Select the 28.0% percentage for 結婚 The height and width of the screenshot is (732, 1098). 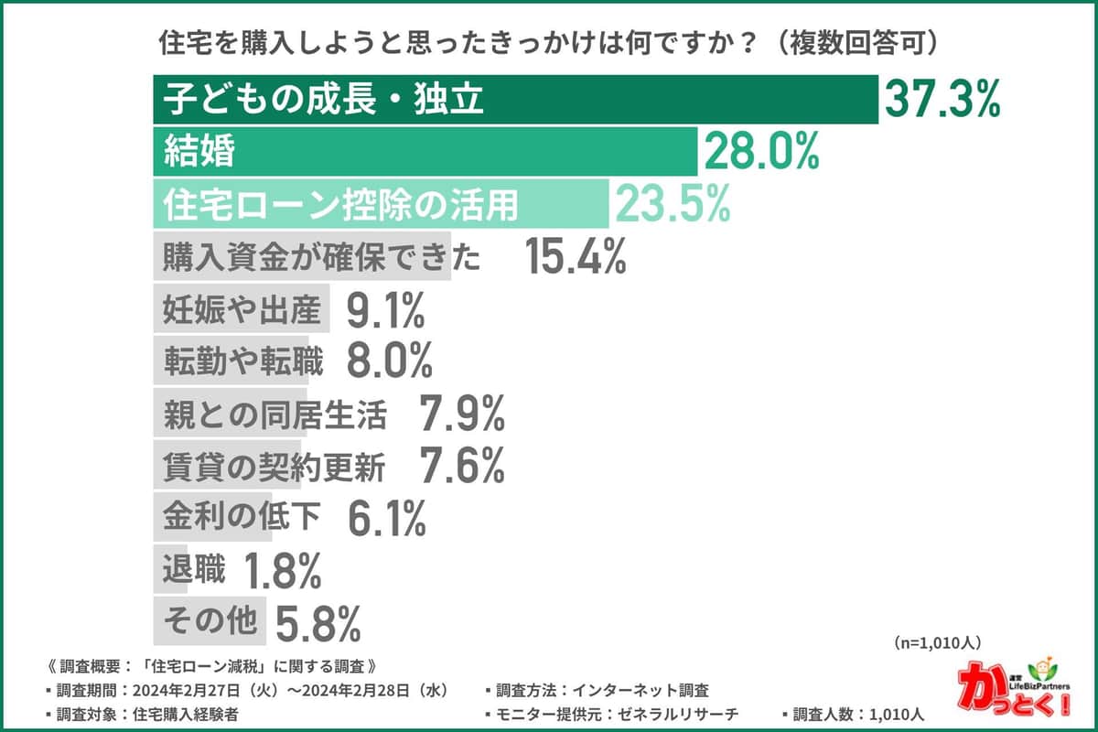pos(759,153)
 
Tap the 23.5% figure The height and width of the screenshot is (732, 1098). pos(673,205)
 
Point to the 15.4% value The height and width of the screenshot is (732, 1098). pos(576,258)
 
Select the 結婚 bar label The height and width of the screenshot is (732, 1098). pos(199,153)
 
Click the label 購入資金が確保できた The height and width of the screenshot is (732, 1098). pos(321,258)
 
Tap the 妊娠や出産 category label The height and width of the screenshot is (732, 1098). pos(242,312)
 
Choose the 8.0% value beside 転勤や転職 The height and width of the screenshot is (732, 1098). pos(389,363)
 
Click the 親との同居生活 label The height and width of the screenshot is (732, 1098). pos(274,415)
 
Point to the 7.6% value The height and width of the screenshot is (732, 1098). pos(462,468)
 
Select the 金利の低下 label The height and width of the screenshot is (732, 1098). pos(242,519)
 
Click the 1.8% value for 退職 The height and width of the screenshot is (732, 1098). pos(282,572)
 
